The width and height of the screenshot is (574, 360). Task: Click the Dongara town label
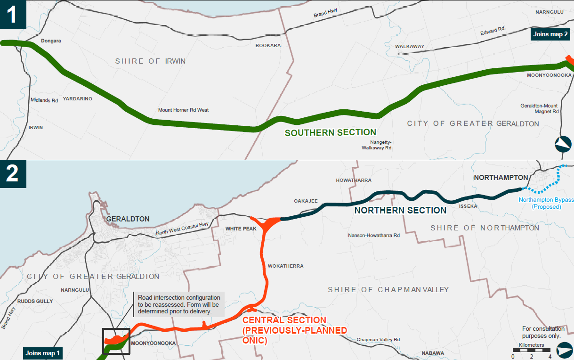point(51,41)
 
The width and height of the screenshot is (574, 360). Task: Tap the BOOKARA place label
point(268,46)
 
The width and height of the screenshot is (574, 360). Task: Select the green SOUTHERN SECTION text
point(330,133)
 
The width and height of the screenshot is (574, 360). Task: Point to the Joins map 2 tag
point(550,34)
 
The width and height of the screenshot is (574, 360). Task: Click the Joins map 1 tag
point(43,353)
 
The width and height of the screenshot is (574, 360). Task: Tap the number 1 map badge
point(11,14)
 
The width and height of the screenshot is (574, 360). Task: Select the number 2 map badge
point(11,173)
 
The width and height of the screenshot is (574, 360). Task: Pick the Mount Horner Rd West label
point(183,110)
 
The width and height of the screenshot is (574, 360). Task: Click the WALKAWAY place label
point(409,47)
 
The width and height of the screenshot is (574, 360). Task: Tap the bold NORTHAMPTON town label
point(501,178)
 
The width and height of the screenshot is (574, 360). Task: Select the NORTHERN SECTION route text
point(400,211)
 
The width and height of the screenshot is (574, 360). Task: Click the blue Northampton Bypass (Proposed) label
point(546,203)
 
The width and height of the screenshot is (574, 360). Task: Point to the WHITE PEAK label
point(241,229)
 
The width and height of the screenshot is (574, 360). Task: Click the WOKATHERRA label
point(285,266)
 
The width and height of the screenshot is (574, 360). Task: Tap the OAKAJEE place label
point(306,201)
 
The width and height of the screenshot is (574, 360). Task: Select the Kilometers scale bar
point(531,350)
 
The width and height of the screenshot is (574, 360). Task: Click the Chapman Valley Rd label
point(378,340)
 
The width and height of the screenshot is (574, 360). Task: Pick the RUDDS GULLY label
point(35,301)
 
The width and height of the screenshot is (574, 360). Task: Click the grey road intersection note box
point(179,304)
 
